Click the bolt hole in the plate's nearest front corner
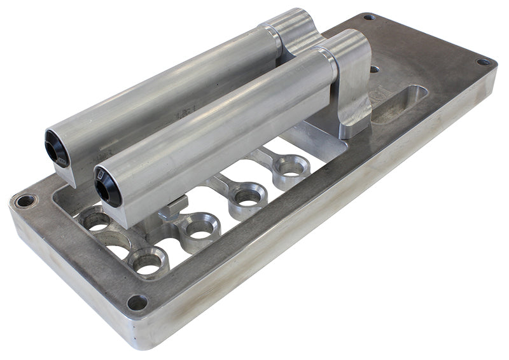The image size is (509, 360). click(137, 301)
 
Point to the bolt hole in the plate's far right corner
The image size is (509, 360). click(484, 62)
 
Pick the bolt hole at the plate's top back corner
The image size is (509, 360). click(368, 17)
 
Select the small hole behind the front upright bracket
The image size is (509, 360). click(375, 69)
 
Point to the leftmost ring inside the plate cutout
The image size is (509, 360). click(95, 220)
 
